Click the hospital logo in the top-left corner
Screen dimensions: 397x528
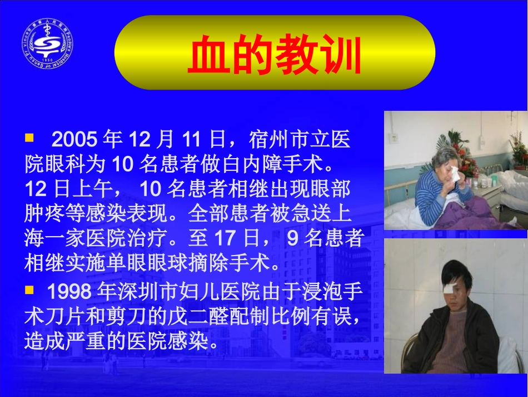(48, 43)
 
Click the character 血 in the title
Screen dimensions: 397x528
(208, 56)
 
